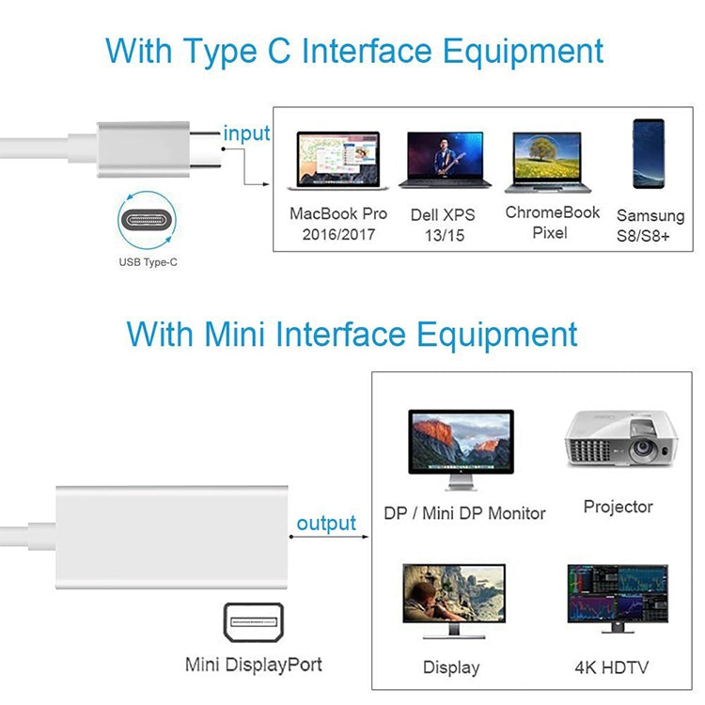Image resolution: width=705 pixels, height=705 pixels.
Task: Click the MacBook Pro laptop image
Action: click(337, 159)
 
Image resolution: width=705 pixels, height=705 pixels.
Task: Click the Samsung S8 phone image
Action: click(649, 156)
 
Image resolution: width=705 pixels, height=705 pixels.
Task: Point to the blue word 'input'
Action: click(246, 133)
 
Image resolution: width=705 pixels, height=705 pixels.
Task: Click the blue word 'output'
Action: click(326, 524)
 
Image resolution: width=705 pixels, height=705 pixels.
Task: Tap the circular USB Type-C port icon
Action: click(148, 222)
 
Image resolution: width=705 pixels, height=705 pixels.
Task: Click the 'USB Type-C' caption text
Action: click(148, 263)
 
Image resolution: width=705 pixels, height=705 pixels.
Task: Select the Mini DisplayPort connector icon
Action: click(253, 622)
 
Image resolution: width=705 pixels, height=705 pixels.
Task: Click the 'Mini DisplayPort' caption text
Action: click(253, 665)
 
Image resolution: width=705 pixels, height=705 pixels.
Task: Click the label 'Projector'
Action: click(618, 507)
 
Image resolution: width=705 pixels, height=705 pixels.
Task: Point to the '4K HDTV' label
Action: click(611, 668)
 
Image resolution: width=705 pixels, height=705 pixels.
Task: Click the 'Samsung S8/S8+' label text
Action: click(650, 226)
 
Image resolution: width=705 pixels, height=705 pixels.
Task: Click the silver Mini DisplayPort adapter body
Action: click(169, 537)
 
